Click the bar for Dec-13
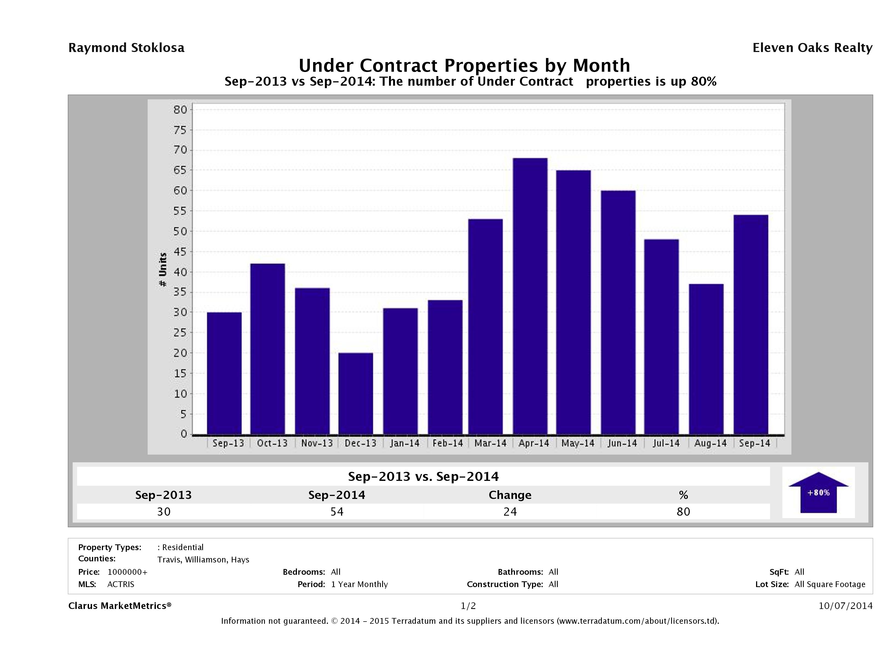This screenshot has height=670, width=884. pos(356,394)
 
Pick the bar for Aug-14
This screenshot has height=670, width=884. pos(706,359)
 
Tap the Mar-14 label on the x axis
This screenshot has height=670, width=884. pos(490,443)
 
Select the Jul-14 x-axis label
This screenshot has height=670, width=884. pos(666,443)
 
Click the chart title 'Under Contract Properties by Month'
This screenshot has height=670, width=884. pos(464,65)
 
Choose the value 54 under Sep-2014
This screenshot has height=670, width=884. pos(337,512)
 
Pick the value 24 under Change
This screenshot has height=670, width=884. pos(510,512)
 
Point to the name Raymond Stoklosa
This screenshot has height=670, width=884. pos(126,48)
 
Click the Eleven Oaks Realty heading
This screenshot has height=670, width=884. pos(812,48)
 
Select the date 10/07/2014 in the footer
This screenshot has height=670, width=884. pos(845,606)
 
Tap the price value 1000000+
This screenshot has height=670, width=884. pos(127,572)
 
